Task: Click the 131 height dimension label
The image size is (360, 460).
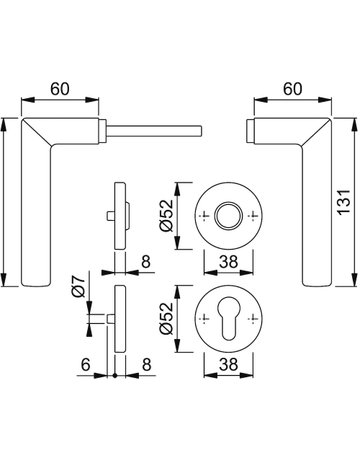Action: [344, 202]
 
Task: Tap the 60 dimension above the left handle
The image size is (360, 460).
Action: [60, 89]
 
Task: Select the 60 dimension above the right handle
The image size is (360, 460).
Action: [293, 89]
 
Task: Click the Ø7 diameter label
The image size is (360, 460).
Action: [79, 286]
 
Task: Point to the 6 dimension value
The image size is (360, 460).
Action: [86, 364]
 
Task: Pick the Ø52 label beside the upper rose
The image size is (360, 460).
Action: [167, 215]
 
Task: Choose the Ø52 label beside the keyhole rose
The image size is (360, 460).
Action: [167, 318]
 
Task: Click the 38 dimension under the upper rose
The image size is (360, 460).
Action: [228, 262]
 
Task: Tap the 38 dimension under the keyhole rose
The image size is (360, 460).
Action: [228, 364]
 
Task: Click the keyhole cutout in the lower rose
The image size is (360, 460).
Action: [228, 319]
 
